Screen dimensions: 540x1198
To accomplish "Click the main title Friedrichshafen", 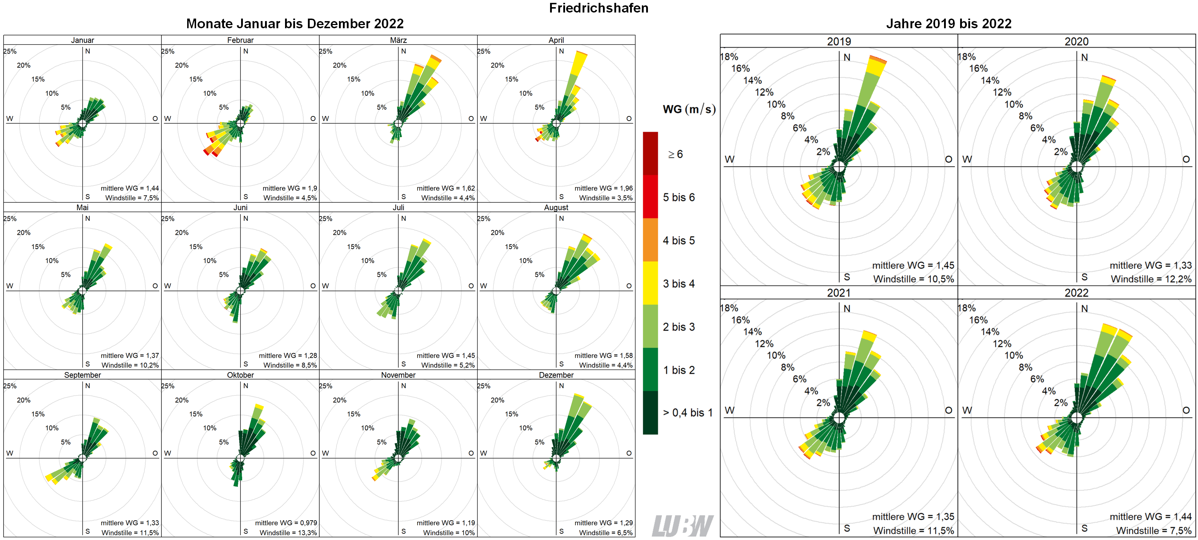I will click(x=599, y=8).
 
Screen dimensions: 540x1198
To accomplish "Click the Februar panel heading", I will click(x=240, y=40).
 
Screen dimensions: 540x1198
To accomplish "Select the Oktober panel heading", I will click(x=240, y=375).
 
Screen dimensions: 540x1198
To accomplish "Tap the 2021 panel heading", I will click(x=839, y=293).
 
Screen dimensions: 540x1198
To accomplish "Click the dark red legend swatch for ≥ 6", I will click(x=650, y=153).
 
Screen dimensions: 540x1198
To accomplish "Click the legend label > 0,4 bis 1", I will click(x=687, y=412).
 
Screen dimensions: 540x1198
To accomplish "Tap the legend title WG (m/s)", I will click(x=689, y=109).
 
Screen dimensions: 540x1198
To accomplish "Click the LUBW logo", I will click(x=682, y=526).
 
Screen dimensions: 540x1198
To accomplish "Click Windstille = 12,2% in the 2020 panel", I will click(x=1151, y=279).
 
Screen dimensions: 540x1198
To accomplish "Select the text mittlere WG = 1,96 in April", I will click(x=603, y=188).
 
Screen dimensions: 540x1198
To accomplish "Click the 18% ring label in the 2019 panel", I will click(x=729, y=57).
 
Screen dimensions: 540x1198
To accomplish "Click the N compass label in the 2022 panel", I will click(x=1084, y=308).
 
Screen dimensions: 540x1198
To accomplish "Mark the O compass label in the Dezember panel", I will click(x=629, y=453).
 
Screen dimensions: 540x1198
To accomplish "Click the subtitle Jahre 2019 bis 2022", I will click(x=948, y=24).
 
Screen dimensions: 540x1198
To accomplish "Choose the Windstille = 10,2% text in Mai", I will click(x=130, y=365).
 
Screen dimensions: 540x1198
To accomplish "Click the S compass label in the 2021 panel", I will click(x=847, y=528).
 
